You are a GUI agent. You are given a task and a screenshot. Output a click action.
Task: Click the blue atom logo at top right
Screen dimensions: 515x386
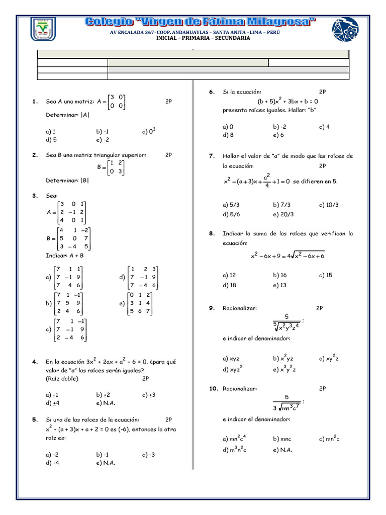tap(345, 29)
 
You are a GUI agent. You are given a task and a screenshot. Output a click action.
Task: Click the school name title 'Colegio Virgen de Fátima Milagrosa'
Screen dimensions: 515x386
tap(200, 22)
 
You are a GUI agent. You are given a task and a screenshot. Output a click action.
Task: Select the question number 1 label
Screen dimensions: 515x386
tap(35, 102)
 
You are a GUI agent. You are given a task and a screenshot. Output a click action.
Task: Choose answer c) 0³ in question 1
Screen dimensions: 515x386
tap(149, 131)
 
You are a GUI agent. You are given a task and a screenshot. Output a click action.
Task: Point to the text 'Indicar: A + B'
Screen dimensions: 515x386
tap(65, 255)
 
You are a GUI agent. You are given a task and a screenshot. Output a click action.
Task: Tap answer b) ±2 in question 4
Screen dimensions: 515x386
tap(103, 395)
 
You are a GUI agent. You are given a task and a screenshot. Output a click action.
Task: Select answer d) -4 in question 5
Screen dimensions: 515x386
tap(52, 463)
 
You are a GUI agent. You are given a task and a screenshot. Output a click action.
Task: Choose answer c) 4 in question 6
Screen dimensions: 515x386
tap(324, 127)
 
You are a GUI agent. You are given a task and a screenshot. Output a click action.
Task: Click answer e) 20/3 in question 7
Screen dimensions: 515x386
tap(283, 214)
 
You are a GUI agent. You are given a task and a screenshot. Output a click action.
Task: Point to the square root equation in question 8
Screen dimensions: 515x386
tap(287, 255)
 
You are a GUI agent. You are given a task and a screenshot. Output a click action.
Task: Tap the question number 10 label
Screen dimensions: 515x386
tap(212, 389)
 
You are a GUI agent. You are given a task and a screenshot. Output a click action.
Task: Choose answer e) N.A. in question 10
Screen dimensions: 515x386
tap(282, 450)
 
